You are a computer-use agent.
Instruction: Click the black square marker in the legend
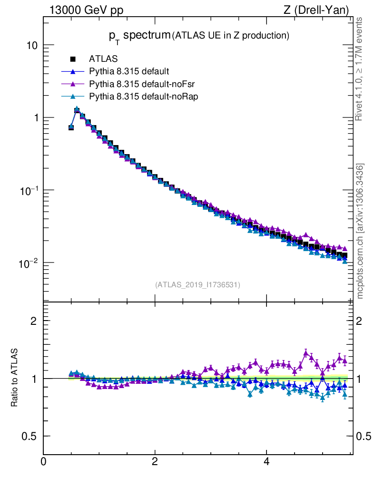tap(73, 59)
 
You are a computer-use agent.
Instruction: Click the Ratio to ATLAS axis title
tap(15, 378)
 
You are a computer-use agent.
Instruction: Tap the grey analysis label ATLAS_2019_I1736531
tap(197, 285)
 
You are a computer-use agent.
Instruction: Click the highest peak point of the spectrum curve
tap(77, 109)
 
